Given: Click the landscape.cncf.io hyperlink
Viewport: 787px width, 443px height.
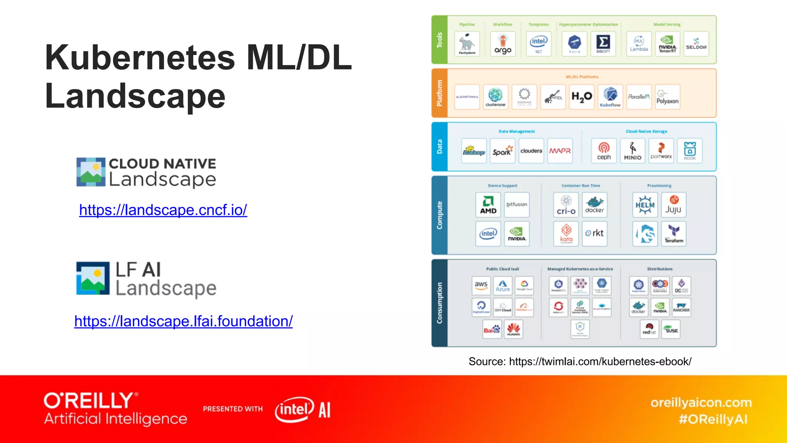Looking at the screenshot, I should tap(163, 210).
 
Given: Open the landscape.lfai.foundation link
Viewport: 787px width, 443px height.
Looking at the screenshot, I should tap(183, 321).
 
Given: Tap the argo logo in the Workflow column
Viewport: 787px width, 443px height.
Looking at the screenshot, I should tap(503, 44).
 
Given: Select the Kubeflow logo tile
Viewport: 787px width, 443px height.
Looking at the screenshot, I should tap(610, 97).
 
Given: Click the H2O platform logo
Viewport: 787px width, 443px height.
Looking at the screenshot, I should tap(582, 97).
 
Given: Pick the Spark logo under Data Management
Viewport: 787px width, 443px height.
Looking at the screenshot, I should tap(503, 151).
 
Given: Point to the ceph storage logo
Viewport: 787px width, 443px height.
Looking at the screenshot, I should tap(604, 151).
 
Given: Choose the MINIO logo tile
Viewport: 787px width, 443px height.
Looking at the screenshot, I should tap(633, 151).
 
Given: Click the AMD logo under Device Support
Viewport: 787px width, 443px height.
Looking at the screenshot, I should tap(488, 205).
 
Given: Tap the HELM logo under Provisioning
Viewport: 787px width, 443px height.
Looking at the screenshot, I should tap(645, 205).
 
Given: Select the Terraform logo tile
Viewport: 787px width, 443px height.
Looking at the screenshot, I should tap(674, 233).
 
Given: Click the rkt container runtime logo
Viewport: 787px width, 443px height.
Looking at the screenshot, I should tap(594, 233).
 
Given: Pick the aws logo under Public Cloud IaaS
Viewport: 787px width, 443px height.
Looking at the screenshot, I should tap(481, 286).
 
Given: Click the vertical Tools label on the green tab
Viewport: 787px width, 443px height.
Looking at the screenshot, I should tap(440, 40).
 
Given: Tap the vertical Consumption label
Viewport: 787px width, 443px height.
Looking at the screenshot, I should tap(440, 303).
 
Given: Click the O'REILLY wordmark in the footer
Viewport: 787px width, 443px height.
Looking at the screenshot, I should tap(89, 401).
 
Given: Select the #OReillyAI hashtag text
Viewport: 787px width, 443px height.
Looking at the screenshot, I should tap(713, 419).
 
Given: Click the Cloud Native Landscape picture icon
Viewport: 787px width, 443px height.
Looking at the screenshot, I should tap(91, 172).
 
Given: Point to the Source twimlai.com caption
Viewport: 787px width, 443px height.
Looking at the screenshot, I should tap(580, 361).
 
